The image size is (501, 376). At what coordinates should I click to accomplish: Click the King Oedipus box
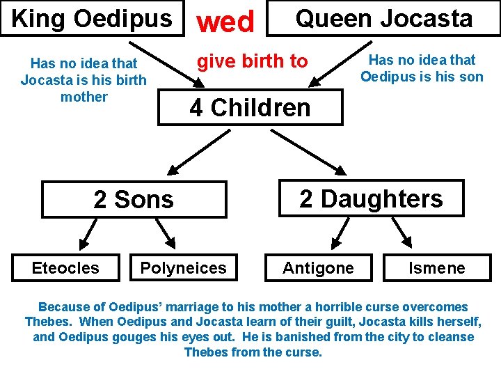point(92,18)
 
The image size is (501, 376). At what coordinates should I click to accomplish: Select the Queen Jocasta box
point(383,18)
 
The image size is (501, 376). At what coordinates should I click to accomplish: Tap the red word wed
point(225,22)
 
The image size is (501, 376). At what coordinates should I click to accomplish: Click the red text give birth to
point(252,61)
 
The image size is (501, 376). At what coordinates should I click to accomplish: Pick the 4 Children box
point(250,108)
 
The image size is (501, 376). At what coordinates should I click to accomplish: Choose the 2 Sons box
point(134,199)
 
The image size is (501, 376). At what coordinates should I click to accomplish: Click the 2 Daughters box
point(371,198)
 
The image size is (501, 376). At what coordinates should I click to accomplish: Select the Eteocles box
point(65,267)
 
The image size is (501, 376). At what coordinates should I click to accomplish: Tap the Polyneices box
point(183,267)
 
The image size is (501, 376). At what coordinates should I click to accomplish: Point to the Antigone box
point(318,267)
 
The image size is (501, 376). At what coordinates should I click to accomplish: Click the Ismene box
point(436,267)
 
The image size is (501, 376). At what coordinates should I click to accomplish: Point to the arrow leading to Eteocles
point(89,233)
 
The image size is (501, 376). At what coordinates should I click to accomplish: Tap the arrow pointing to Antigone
point(340,233)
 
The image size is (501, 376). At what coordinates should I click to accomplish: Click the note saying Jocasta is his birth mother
point(83,80)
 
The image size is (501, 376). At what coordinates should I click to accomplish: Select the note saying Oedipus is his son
point(422,68)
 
